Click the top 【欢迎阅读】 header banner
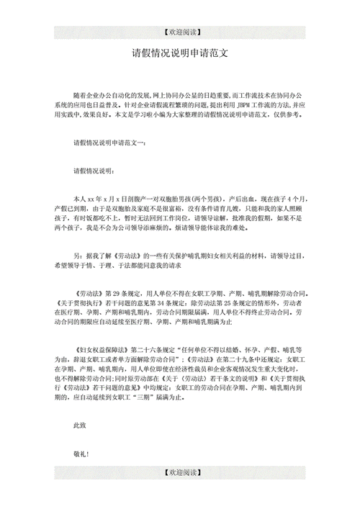click(180, 32)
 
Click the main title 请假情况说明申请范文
click(180, 55)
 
